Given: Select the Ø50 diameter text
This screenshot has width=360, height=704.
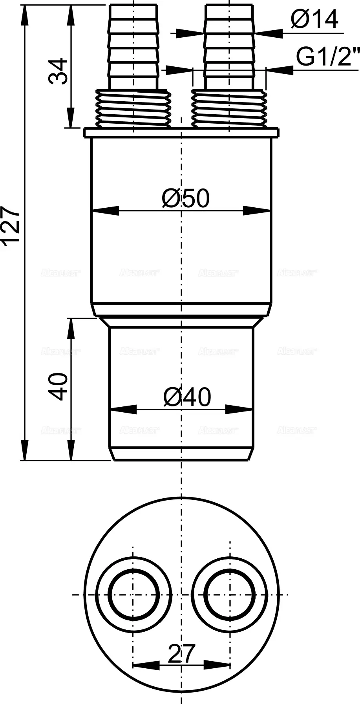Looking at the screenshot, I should [186, 198].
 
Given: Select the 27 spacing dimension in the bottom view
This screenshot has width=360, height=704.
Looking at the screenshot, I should [181, 654].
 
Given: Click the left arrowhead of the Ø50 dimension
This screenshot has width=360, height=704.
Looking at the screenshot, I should [104, 211].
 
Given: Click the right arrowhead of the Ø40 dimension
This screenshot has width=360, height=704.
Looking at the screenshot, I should [239, 410].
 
